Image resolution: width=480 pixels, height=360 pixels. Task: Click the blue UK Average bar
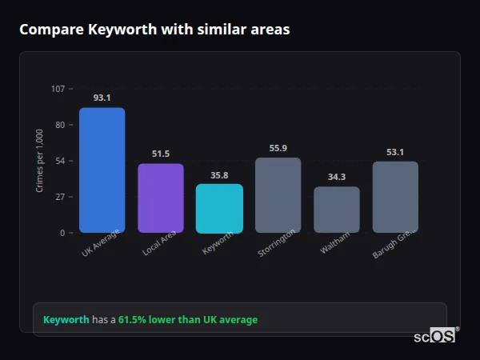pos(102,170)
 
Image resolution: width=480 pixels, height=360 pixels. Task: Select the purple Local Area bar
pos(161,198)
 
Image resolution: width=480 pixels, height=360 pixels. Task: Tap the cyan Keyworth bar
pos(219,208)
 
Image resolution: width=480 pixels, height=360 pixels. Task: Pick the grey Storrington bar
pos(278,195)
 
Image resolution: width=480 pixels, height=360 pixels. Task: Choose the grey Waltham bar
pos(337,210)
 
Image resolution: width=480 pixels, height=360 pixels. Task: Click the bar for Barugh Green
pos(395,197)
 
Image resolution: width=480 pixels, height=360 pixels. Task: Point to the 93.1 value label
pos(102,98)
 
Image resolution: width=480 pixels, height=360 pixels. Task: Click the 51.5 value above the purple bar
pos(161,154)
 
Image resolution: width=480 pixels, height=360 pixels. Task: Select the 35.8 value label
pos(219,174)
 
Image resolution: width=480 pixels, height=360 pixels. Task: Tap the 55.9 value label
pos(278,148)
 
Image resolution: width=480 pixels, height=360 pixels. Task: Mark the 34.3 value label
pos(337,177)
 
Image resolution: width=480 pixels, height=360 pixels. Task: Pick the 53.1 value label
pos(395,152)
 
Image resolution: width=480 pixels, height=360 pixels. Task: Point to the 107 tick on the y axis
pos(58,89)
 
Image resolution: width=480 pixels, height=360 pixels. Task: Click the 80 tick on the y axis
pos(60,125)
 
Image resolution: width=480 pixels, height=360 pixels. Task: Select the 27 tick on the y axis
pos(60,197)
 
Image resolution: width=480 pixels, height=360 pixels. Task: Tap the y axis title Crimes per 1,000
pos(39,161)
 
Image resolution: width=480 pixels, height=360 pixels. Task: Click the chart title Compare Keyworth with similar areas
pos(154,30)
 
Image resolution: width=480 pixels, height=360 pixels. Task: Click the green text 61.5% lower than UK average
pos(188,320)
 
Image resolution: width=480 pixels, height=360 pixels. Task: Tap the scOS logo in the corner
pos(435,336)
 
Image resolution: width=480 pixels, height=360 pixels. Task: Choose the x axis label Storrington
pos(277,242)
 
